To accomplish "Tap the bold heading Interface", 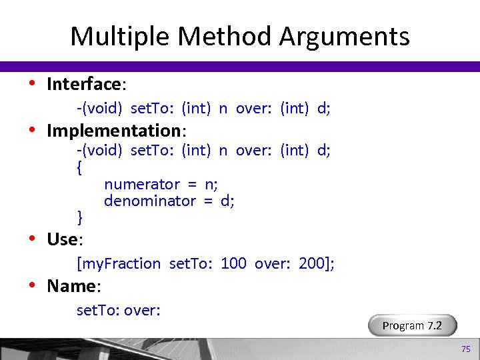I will point(83,84).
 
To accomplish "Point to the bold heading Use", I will point(62,239).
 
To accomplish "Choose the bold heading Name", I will point(71,286).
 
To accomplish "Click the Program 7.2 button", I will point(412,325).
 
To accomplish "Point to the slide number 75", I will point(466,349).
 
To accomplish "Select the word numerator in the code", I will point(142,184).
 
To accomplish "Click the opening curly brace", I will point(80,167).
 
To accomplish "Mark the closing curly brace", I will point(80,217).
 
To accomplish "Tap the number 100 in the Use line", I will point(233,263).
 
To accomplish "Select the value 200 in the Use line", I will point(311,263).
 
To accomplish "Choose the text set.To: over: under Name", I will point(119,310).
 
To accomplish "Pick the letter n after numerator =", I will point(209,184).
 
